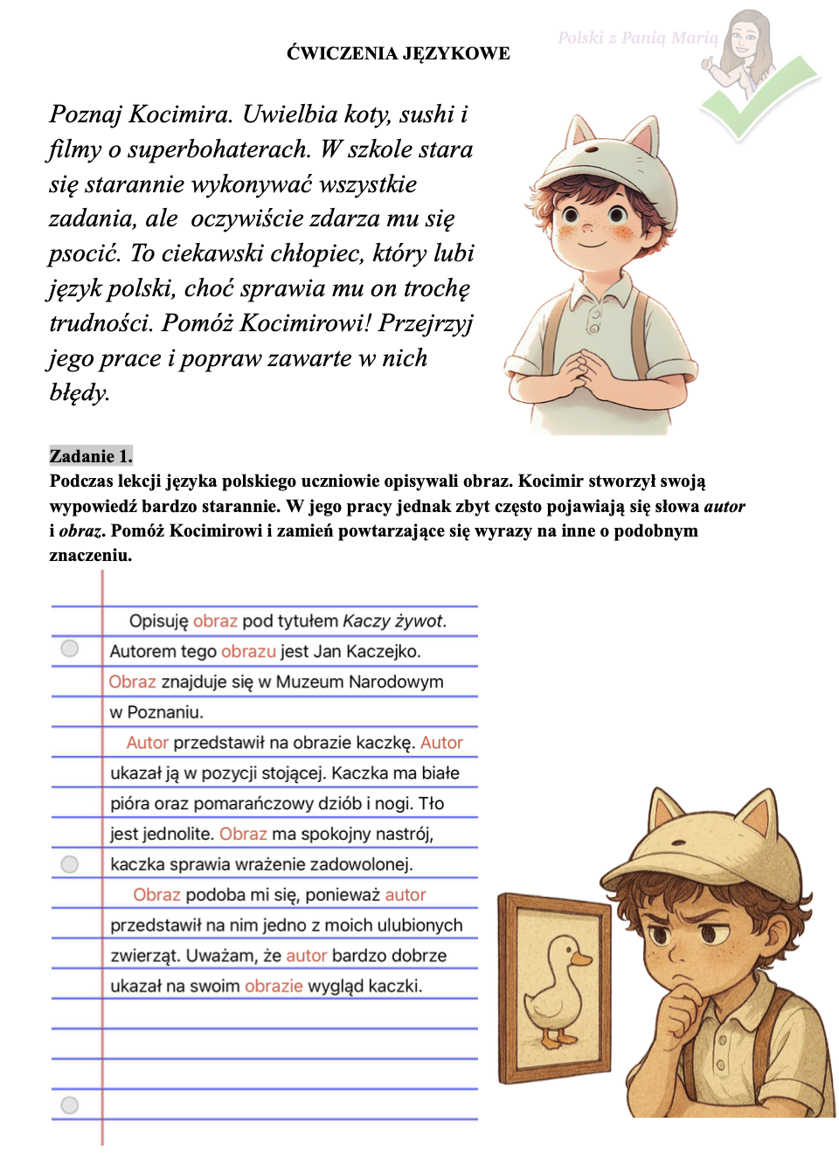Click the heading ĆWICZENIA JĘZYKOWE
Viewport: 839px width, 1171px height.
[398, 53]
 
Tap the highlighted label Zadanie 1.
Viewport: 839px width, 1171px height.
[91, 456]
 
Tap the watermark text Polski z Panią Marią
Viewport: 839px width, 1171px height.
[638, 38]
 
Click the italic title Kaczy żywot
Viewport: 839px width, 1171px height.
[394, 621]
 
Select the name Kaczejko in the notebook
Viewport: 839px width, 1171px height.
[383, 652]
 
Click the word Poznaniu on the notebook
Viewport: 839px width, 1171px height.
[165, 712]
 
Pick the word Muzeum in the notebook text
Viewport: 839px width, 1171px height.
[309, 682]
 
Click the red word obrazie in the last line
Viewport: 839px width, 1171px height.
[274, 987]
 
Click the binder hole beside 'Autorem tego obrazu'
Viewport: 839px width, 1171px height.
[70, 648]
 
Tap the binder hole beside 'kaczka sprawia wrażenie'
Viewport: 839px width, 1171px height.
[70, 864]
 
